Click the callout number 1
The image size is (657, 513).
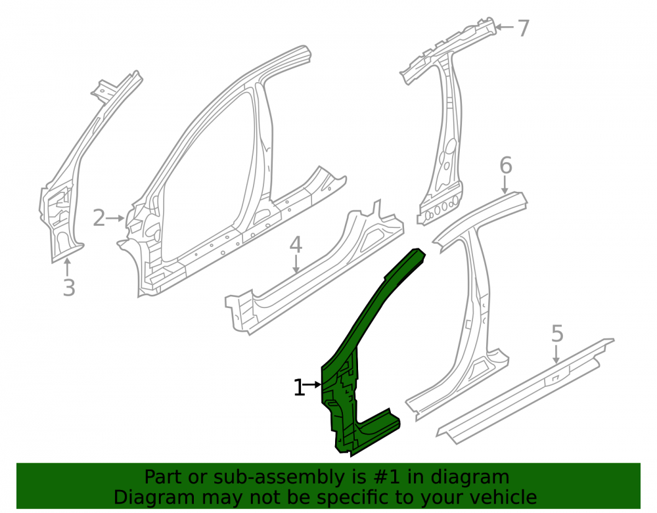[298, 388]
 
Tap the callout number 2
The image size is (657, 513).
[99, 218]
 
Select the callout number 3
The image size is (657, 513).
[69, 288]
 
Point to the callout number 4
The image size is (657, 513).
[296, 244]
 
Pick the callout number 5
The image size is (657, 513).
[557, 333]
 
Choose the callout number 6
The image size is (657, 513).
[506, 165]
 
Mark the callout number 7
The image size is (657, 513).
[524, 28]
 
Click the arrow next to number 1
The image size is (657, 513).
[313, 384]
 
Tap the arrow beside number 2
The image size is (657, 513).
[115, 218]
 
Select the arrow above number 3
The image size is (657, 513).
[66, 267]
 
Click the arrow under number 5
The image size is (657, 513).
[556, 354]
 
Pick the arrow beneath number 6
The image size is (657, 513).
[505, 185]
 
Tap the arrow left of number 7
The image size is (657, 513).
[505, 28]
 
